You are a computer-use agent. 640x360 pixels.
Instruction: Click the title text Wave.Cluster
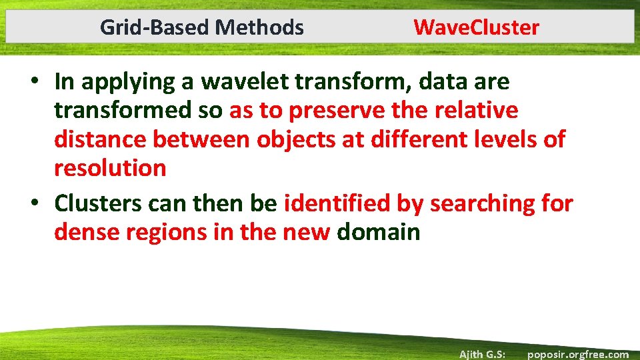476,27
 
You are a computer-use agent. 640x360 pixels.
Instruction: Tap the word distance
100,139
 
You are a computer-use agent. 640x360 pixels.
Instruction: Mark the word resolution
110,168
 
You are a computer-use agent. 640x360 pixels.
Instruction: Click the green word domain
379,232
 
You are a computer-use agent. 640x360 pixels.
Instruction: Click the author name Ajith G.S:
482,354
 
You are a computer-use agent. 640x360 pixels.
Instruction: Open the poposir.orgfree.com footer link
577,354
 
